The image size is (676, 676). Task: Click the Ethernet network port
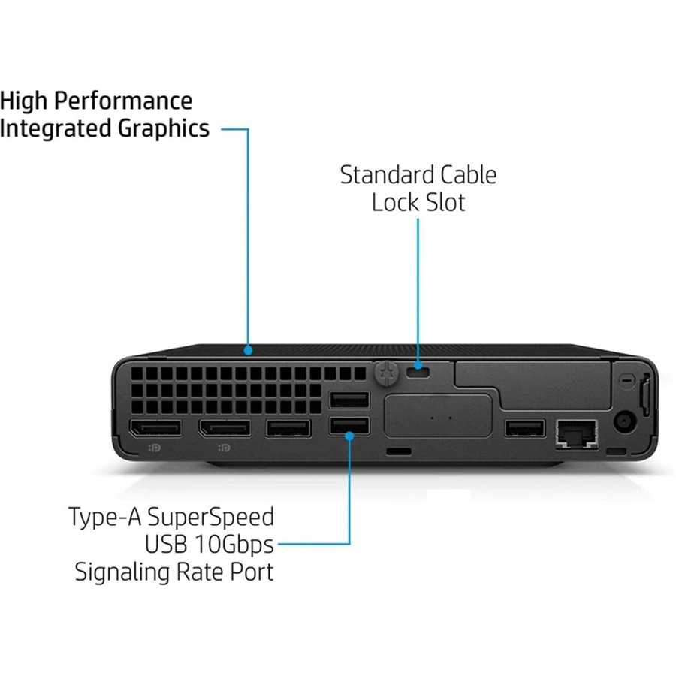click(576, 432)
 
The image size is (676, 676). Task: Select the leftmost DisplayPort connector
click(155, 429)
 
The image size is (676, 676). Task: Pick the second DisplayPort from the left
click(225, 429)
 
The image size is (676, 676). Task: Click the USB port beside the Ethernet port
click(524, 429)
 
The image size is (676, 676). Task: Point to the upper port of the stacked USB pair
click(349, 399)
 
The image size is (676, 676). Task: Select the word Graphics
click(164, 128)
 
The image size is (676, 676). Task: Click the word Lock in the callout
click(395, 202)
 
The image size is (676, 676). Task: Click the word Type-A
click(105, 517)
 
